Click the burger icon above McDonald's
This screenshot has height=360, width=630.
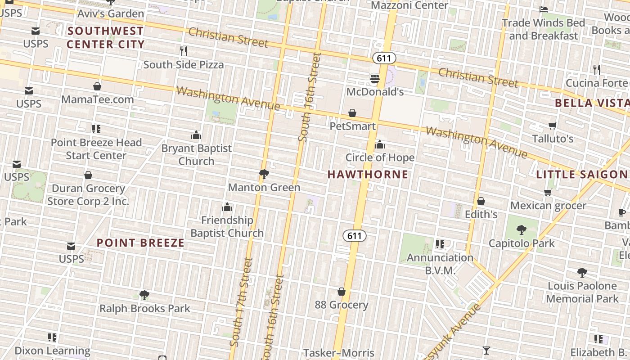tap(375, 79)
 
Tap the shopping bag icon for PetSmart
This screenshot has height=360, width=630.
tap(352, 113)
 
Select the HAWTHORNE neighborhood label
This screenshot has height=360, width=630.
tap(368, 174)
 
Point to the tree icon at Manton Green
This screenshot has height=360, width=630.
tap(264, 174)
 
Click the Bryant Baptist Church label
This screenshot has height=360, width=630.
tap(197, 154)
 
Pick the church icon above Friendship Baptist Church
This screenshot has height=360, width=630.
tap(227, 207)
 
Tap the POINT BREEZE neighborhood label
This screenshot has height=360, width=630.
tap(141, 243)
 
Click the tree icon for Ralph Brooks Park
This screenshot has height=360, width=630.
tap(144, 295)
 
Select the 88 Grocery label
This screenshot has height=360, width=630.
tap(342, 305)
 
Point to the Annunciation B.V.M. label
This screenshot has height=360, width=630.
tap(440, 264)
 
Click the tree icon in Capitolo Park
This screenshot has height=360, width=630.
tap(522, 230)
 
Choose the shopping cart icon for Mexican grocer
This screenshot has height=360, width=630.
tap(548, 193)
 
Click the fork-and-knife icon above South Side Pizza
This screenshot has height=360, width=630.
tap(183, 51)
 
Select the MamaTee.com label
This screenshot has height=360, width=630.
tap(98, 99)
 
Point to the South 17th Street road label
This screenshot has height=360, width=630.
tap(241, 301)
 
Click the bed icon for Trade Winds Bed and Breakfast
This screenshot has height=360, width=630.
tap(543, 9)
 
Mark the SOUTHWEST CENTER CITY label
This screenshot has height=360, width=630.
tap(105, 37)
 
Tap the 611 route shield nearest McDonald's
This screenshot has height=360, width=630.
tap(384, 58)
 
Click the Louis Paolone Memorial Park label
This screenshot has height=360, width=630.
tap(582, 292)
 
